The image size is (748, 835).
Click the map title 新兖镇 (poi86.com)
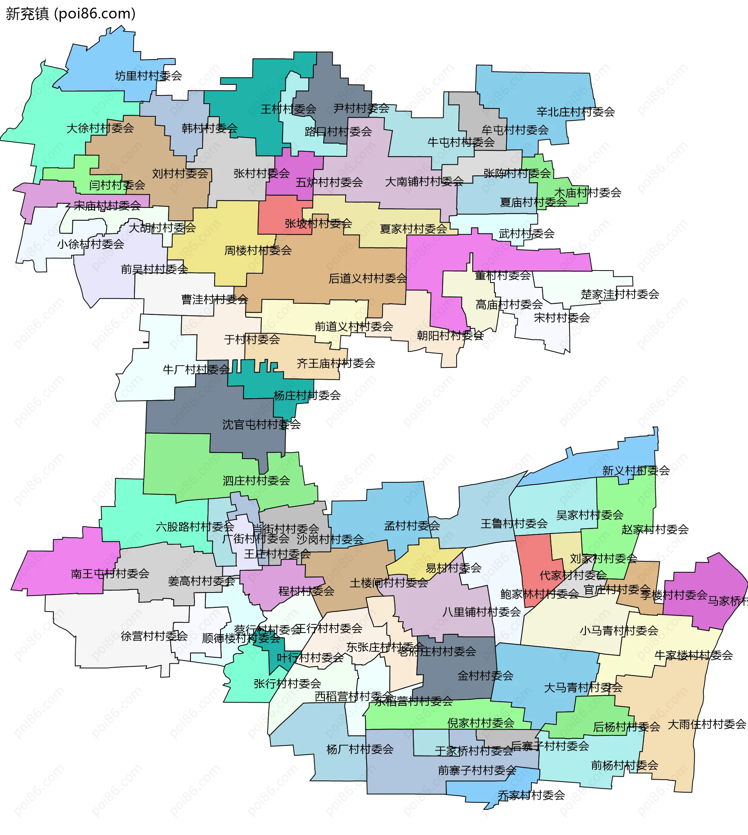[x=71, y=14]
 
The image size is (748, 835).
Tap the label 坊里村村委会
[x=148, y=76]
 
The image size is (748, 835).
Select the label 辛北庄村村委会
[x=575, y=112]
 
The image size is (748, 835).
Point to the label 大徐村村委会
[x=100, y=128]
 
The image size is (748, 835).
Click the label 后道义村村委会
[x=367, y=279]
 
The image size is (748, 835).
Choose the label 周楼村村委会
[x=258, y=251]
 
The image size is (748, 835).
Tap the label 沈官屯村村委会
[x=261, y=425]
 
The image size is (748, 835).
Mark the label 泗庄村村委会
[x=256, y=480]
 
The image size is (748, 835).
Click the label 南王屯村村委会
[x=110, y=574]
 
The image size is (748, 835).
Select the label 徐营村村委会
[x=154, y=636]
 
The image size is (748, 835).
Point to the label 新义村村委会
[x=636, y=471]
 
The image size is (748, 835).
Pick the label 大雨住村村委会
[x=706, y=724]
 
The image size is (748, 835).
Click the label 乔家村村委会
[x=531, y=795]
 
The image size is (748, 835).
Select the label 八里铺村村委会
[x=482, y=612]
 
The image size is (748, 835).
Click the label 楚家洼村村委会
[x=620, y=295]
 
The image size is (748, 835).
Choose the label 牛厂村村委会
[x=196, y=370]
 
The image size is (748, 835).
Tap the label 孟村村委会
[x=412, y=526]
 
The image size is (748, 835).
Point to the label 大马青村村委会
[x=583, y=687]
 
